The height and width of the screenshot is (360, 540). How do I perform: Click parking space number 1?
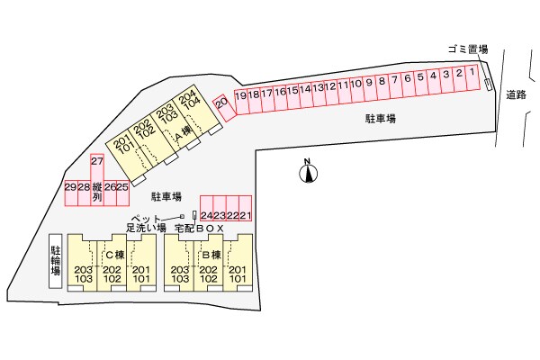pyautogui.click(x=472, y=75)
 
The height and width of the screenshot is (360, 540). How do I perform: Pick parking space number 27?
pyautogui.click(x=97, y=162)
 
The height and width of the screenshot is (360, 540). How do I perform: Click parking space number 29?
pyautogui.click(x=70, y=187)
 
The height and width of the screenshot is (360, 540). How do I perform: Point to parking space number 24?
pyautogui.click(x=206, y=216)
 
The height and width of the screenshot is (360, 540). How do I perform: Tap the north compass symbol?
pyautogui.click(x=307, y=172)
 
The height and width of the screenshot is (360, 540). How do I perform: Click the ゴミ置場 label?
pyautogui.click(x=466, y=49)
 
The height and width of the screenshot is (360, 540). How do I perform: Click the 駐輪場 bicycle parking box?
pyautogui.click(x=56, y=258)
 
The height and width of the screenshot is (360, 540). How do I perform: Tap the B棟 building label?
pyautogui.click(x=210, y=255)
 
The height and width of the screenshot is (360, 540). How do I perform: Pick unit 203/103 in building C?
pyautogui.click(x=84, y=274)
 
